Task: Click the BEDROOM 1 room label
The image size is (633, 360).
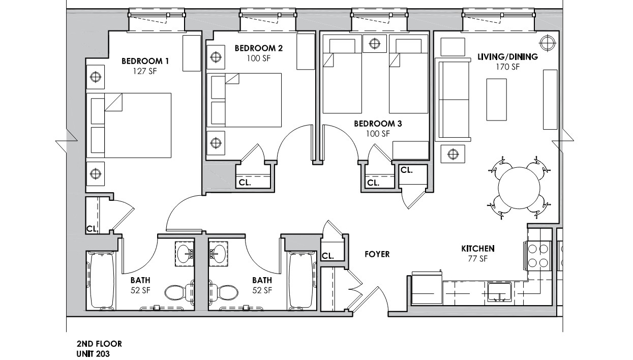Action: tap(145, 61)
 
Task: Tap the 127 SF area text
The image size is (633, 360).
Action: tap(144, 71)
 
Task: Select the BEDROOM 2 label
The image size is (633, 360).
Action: tap(258, 48)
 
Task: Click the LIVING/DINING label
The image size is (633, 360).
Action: tap(507, 57)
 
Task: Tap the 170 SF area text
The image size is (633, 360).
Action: tap(507, 67)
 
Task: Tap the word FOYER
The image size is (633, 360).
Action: tap(377, 254)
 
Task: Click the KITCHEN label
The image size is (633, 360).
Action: tap(478, 249)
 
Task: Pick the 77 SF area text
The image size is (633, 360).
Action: tap(478, 259)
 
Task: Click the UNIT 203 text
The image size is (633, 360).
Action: tap(93, 353)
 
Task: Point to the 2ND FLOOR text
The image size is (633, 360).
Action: tap(99, 344)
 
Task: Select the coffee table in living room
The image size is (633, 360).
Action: tap(497, 100)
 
